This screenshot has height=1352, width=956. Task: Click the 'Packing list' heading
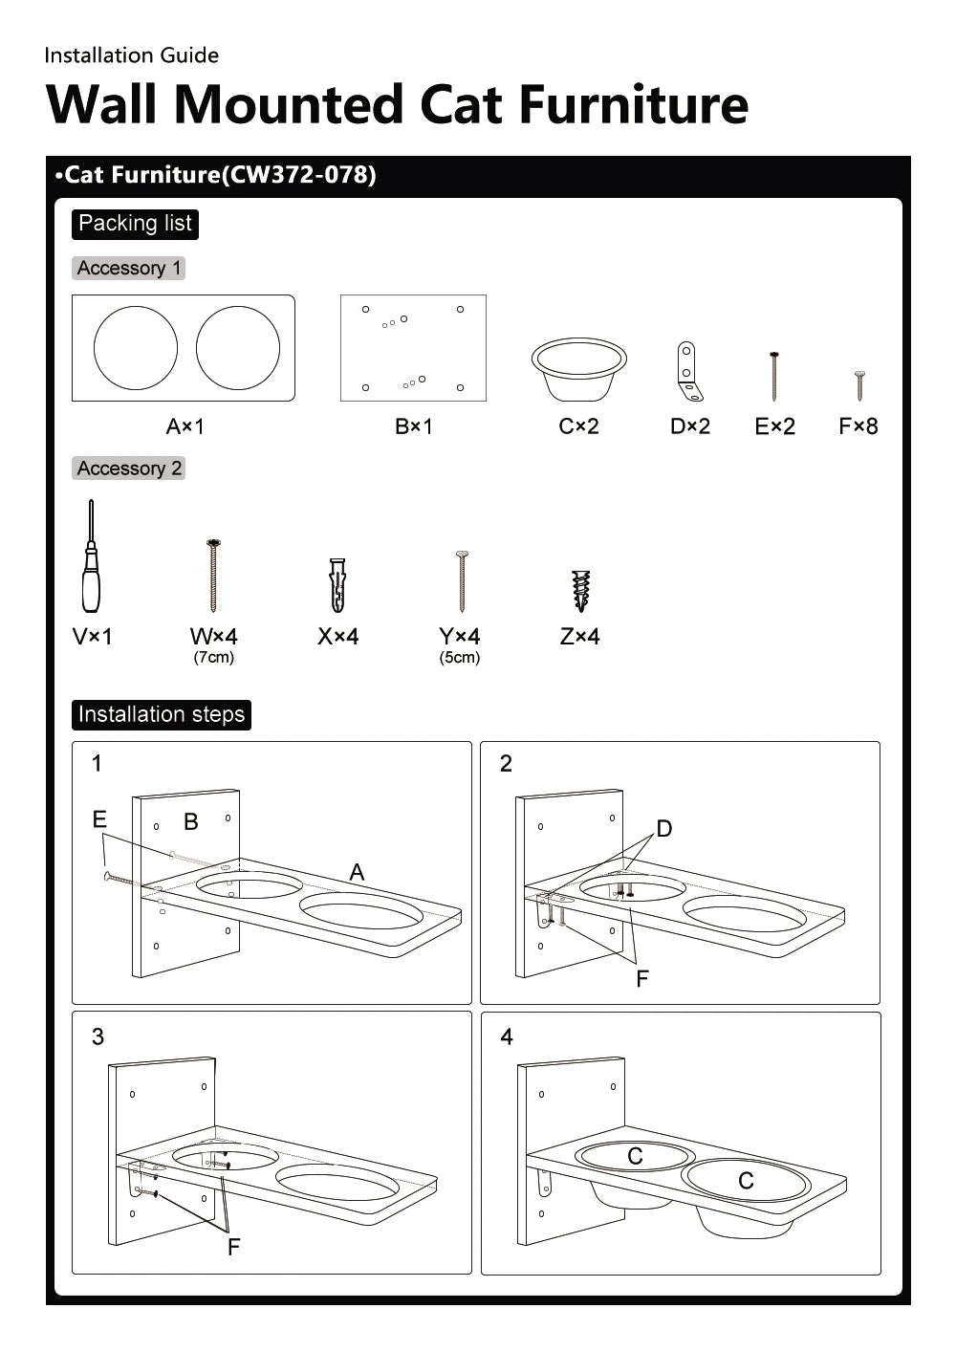pyautogui.click(x=135, y=224)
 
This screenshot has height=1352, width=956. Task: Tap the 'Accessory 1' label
pyautogui.click(x=129, y=269)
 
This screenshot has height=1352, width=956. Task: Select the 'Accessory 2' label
pyautogui.click(x=129, y=469)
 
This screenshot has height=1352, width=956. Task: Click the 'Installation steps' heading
pyautogui.click(x=162, y=715)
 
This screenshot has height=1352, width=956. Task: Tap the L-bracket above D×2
pyautogui.click(x=688, y=372)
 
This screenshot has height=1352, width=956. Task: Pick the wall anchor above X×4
pyautogui.click(x=337, y=584)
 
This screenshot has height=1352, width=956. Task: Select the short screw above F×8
pyautogui.click(x=859, y=385)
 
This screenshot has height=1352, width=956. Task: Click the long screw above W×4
pyautogui.click(x=213, y=576)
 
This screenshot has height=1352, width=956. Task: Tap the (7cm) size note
pyautogui.click(x=213, y=658)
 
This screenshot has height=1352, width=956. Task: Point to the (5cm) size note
pyautogui.click(x=460, y=658)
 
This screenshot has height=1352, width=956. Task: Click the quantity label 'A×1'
pyautogui.click(x=185, y=426)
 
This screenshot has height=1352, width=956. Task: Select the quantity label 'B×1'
pyautogui.click(x=414, y=426)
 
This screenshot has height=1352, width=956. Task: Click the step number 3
pyautogui.click(x=98, y=1037)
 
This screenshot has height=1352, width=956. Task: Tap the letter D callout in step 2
pyautogui.click(x=664, y=829)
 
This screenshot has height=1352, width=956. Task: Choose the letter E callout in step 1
pyautogui.click(x=99, y=819)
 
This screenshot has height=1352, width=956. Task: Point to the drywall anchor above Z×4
pyautogui.click(x=580, y=590)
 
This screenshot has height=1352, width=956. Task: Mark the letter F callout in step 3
pyautogui.click(x=233, y=1247)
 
